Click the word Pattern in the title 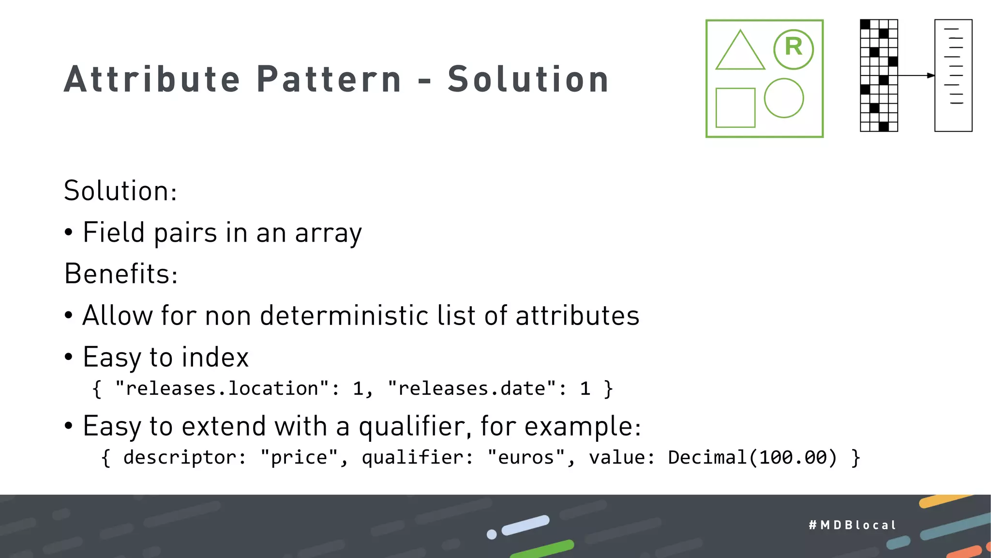[x=329, y=79]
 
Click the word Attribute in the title [x=152, y=79]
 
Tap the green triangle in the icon [x=740, y=52]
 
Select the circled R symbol [x=794, y=49]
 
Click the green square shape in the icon [x=735, y=108]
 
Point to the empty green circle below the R [x=784, y=98]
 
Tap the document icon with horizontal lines [x=953, y=76]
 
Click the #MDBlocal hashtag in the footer [x=853, y=525]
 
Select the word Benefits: [x=121, y=274]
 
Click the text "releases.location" [x=222, y=388]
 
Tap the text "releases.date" [x=472, y=388]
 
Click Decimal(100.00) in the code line [x=752, y=458]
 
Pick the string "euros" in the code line [x=526, y=458]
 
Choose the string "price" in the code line [x=299, y=458]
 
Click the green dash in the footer [x=542, y=549]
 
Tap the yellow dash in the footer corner [x=944, y=501]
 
